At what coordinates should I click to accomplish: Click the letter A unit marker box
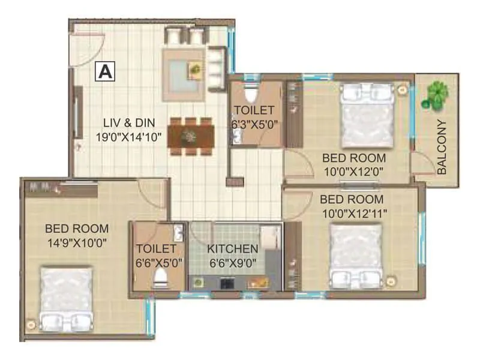click(x=104, y=71)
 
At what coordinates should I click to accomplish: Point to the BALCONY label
click(x=442, y=147)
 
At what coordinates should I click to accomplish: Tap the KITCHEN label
click(x=232, y=248)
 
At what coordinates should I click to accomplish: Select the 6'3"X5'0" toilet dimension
click(x=254, y=124)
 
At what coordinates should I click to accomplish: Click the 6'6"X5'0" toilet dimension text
click(x=159, y=262)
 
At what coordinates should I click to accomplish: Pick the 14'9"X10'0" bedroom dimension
click(x=77, y=243)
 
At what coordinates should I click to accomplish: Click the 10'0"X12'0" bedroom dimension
click(x=353, y=172)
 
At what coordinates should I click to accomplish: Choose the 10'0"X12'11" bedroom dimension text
click(x=353, y=212)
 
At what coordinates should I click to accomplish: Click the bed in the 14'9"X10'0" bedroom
click(x=65, y=298)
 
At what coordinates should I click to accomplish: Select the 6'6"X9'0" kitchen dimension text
click(x=232, y=262)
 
